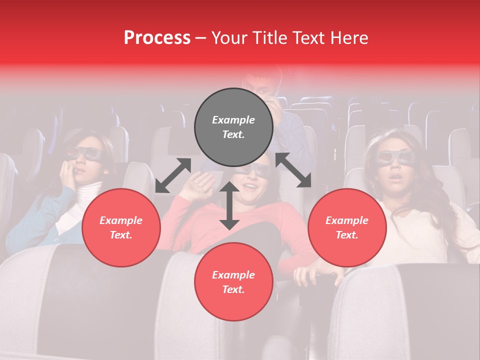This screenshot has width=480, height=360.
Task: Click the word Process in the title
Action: coord(157,38)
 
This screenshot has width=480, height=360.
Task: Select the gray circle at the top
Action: coord(233,127)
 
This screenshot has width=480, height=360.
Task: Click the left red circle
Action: coord(121,227)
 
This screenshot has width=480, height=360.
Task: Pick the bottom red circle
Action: coord(233,282)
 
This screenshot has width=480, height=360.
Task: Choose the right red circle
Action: coord(347,227)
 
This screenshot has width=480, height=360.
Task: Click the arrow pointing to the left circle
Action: coord(173,175)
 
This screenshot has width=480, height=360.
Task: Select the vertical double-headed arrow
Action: coord(229,205)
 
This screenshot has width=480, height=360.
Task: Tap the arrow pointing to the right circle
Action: coord(293,170)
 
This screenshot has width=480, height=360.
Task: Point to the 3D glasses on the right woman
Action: coord(394,157)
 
